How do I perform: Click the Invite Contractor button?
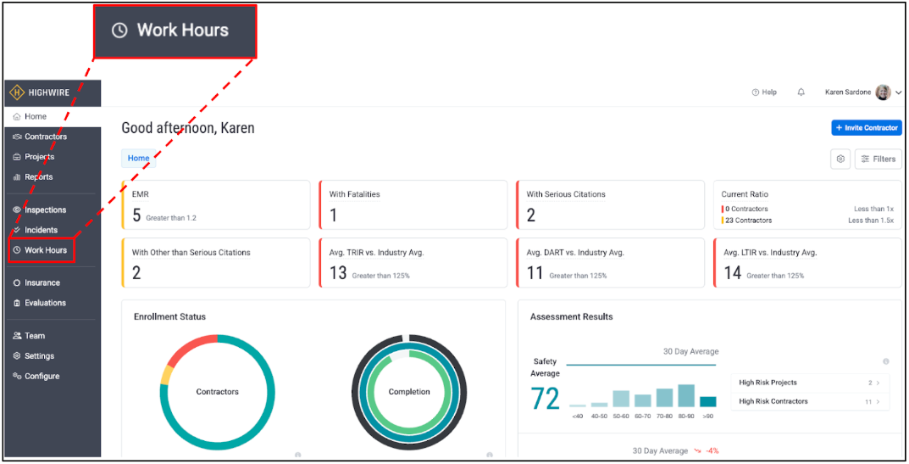[x=867, y=128]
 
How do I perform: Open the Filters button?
[x=878, y=159]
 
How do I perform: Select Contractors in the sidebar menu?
[x=46, y=137]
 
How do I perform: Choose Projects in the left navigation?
[x=39, y=157]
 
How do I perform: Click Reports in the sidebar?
[x=38, y=177]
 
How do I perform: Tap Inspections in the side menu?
[x=45, y=210]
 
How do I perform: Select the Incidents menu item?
[x=41, y=230]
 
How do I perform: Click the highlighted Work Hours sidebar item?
[x=45, y=250]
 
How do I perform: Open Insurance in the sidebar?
[x=42, y=282]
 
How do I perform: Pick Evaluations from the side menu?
[x=45, y=303]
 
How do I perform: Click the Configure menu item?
[x=42, y=377]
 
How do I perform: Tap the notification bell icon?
[x=801, y=92]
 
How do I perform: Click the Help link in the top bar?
[x=764, y=92]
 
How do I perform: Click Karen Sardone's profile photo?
[x=883, y=92]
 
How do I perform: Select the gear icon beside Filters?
[x=840, y=159]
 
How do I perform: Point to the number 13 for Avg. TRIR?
[x=338, y=273]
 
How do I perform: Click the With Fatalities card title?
[x=354, y=194]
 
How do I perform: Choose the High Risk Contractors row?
[x=810, y=401]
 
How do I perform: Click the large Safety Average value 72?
[x=546, y=399]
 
